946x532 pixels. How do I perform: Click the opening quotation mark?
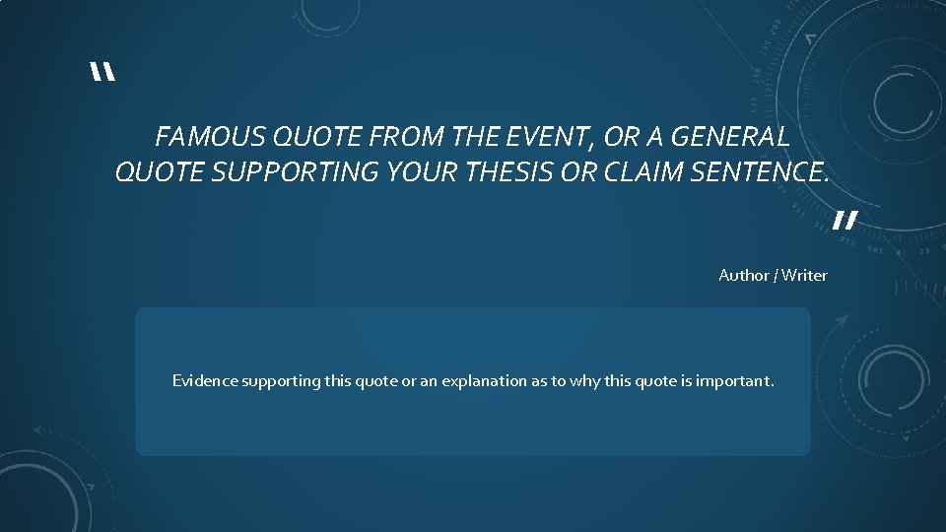101,74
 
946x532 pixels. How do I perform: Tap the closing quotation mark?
845,220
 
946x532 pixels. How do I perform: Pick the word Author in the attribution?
744,275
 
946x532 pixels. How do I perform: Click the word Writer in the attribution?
805,275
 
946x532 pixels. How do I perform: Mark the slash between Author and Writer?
777,275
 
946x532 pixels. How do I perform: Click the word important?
734,380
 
